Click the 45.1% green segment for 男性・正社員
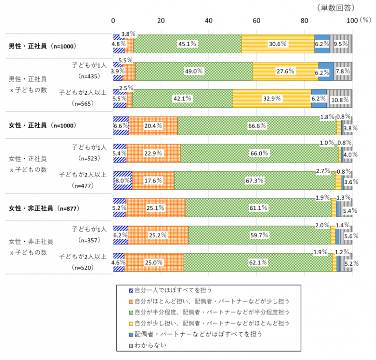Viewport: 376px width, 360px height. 187,44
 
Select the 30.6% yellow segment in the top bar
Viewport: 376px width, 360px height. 278,44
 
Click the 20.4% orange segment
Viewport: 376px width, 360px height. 153,126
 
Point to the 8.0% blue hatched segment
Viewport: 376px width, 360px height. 122,180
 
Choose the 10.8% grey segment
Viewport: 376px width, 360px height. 339,98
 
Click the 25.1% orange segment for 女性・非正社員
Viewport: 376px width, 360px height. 155,208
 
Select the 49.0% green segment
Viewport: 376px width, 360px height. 194,71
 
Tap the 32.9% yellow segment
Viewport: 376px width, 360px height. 271,98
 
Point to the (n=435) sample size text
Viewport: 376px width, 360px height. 90,75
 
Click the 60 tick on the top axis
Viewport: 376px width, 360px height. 257,20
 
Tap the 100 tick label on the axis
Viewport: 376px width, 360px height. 351,20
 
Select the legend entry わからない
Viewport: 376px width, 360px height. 150,345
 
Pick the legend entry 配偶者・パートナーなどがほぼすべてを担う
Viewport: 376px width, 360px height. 198,334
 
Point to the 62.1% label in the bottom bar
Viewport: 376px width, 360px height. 258,262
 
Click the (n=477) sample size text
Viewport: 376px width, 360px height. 90,185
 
